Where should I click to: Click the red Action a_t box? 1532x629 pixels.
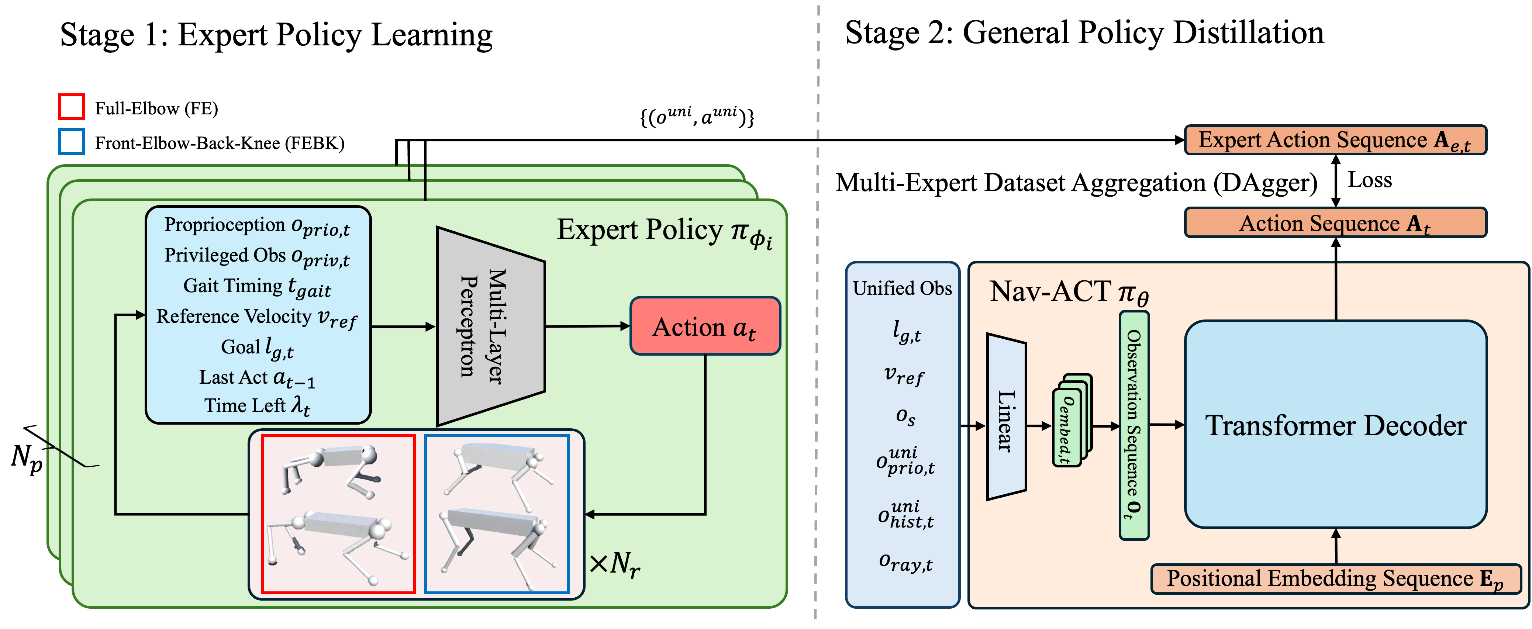click(x=705, y=326)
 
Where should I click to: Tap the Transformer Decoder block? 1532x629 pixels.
click(x=1335, y=425)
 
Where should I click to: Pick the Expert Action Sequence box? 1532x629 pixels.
click(x=1335, y=140)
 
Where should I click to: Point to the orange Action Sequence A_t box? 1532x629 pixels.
click(x=1335, y=223)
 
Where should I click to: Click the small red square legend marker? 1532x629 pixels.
click(x=71, y=107)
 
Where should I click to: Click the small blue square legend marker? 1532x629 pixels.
click(x=71, y=142)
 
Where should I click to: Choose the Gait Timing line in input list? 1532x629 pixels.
click(x=257, y=287)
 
